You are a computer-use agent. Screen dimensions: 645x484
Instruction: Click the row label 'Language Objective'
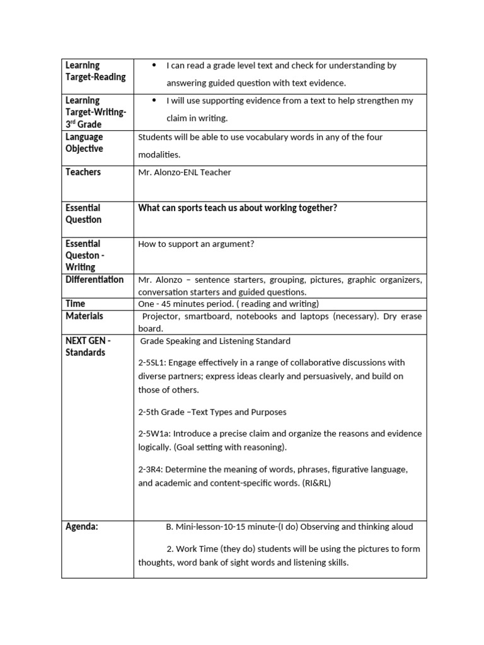pos(84,142)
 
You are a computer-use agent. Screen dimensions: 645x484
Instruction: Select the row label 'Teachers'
pos(83,172)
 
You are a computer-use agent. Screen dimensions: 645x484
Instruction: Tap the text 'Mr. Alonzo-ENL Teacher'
pos(185,173)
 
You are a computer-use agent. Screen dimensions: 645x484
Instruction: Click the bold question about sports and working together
pos(238,208)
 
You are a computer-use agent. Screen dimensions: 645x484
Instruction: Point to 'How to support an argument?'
pos(196,244)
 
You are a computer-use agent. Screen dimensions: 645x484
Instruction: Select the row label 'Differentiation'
pos(95,279)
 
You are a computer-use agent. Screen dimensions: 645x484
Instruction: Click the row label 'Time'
pos(75,303)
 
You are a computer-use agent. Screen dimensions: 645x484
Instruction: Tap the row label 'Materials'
pos(84,316)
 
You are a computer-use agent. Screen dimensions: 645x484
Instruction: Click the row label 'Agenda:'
pos(82,527)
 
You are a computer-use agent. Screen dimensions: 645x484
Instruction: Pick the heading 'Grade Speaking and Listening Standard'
pos(215,341)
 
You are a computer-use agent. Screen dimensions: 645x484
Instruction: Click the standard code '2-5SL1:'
pos(153,363)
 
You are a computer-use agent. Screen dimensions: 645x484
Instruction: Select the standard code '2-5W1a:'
pos(155,434)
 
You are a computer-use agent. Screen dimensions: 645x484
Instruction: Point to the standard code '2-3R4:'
pos(152,469)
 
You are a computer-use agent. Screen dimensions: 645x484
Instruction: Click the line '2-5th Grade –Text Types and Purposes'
pos(212,412)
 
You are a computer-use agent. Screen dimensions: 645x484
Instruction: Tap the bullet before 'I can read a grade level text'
pos(154,66)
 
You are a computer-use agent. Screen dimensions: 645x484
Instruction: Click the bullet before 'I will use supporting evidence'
pos(154,101)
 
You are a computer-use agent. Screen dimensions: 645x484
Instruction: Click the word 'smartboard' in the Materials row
pos(205,316)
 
